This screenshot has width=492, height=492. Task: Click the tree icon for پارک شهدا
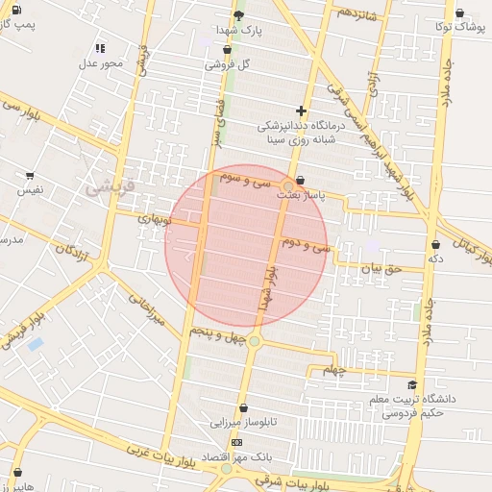[239, 15]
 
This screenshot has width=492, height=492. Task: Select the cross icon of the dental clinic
[302, 111]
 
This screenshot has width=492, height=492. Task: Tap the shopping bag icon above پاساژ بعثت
[301, 180]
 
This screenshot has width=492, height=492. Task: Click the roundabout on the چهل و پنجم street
[255, 341]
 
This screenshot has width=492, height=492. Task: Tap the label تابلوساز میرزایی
[243, 422]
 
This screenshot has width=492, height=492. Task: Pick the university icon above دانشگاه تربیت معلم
[413, 384]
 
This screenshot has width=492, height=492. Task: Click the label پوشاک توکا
[458, 27]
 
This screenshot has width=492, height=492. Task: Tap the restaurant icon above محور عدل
[101, 48]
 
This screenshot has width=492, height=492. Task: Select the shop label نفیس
[29, 190]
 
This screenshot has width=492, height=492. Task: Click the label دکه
[436, 258]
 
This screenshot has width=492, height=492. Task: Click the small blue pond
[36, 343]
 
